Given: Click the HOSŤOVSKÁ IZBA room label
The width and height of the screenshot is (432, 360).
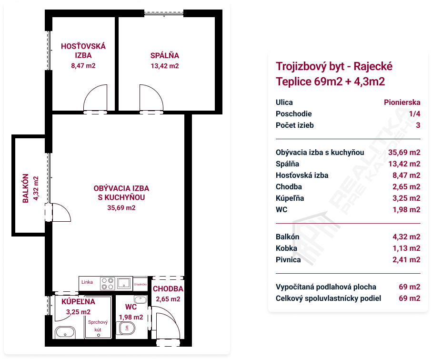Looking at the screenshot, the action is click(83, 51).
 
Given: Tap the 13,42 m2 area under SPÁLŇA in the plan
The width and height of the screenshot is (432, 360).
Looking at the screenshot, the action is click(165, 66).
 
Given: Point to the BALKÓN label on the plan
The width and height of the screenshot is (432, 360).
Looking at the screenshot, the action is click(26, 188).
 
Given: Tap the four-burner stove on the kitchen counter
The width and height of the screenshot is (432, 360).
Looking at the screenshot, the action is click(108, 284).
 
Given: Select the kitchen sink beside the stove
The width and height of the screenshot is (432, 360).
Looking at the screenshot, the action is click(124, 283).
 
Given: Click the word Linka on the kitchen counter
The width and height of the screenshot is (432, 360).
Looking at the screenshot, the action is click(87, 282).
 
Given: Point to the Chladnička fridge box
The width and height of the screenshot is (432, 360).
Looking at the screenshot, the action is click(140, 284).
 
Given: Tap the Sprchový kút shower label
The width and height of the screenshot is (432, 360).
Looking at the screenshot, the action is click(98, 326).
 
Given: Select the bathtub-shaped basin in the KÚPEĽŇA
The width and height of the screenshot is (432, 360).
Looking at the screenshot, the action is click(65, 332).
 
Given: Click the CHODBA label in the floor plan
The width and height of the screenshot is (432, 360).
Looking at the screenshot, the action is click(168, 289).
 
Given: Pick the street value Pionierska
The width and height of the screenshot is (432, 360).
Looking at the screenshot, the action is click(402, 103).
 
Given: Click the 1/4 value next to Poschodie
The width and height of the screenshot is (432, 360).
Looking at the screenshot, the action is click(415, 113).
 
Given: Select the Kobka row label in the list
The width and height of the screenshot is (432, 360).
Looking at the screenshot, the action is click(286, 248).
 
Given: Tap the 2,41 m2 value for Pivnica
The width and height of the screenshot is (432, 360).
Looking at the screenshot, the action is click(406, 259).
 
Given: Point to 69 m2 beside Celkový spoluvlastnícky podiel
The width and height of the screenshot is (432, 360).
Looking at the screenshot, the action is click(410, 298).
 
